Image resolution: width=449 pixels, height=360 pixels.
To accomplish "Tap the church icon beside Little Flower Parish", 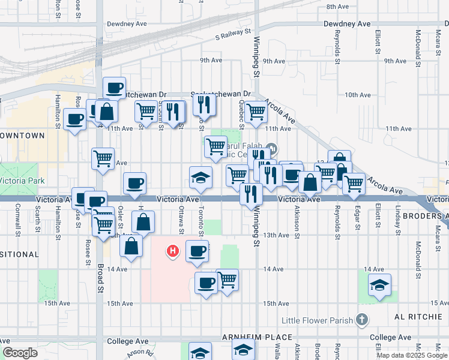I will (361, 320).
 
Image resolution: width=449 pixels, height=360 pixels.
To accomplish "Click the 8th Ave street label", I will (337, 7).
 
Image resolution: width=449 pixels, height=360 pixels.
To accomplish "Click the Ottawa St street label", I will (181, 217).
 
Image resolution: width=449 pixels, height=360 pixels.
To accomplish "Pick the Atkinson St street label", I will (297, 217).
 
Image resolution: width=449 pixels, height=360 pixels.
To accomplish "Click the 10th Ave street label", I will (358, 95).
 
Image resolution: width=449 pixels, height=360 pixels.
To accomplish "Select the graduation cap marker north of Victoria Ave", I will (200, 176).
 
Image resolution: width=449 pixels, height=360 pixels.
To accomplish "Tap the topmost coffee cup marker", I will (114, 88).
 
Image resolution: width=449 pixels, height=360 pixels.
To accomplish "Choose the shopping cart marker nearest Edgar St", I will (354, 183).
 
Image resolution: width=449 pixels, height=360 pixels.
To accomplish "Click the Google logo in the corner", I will (20, 353).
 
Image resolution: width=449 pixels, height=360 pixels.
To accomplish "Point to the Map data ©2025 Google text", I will (412, 355).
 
